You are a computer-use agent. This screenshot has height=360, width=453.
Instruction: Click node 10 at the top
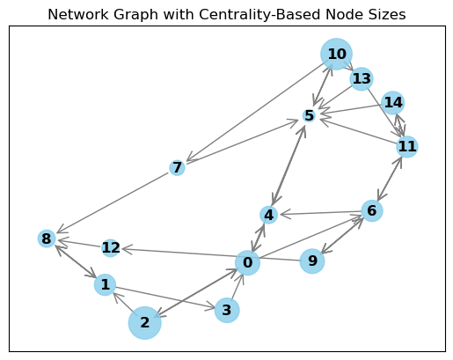click(336, 55)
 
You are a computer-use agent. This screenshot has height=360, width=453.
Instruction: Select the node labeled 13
click(362, 79)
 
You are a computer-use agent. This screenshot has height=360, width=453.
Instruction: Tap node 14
click(392, 103)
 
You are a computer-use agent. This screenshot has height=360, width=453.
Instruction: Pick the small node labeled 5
click(309, 116)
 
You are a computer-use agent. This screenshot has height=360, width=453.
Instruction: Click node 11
click(406, 146)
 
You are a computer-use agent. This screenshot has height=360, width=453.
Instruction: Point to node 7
click(177, 167)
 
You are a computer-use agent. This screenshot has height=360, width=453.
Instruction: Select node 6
click(372, 210)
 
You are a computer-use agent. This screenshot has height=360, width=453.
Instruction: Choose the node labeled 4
click(269, 215)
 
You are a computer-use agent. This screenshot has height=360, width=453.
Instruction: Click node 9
click(311, 261)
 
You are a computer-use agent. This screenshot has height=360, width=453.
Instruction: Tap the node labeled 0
click(248, 262)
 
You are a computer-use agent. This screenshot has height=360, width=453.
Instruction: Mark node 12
click(111, 248)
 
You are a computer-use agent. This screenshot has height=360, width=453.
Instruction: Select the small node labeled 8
click(47, 239)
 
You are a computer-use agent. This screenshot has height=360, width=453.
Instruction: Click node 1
click(105, 285)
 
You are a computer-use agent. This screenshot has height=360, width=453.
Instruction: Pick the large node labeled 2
click(145, 322)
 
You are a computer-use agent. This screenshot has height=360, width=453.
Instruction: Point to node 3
click(227, 310)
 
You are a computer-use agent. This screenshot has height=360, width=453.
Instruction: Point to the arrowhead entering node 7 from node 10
click(186, 161)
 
